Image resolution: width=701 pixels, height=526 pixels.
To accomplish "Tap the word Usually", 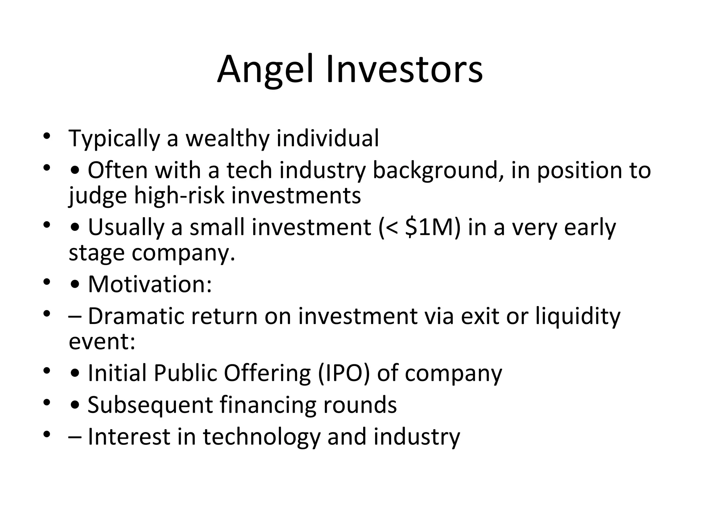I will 126,227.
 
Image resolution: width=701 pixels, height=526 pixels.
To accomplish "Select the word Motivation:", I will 150,284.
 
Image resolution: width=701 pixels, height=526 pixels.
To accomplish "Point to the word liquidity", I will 577,316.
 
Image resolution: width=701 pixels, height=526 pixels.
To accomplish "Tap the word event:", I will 102,341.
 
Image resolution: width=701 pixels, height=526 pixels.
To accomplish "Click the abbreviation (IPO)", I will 344,373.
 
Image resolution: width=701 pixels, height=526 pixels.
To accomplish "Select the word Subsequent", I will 150,405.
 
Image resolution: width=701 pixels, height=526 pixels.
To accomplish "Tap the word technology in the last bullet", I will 262,437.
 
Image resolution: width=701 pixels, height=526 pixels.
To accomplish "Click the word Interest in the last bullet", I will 129,437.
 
